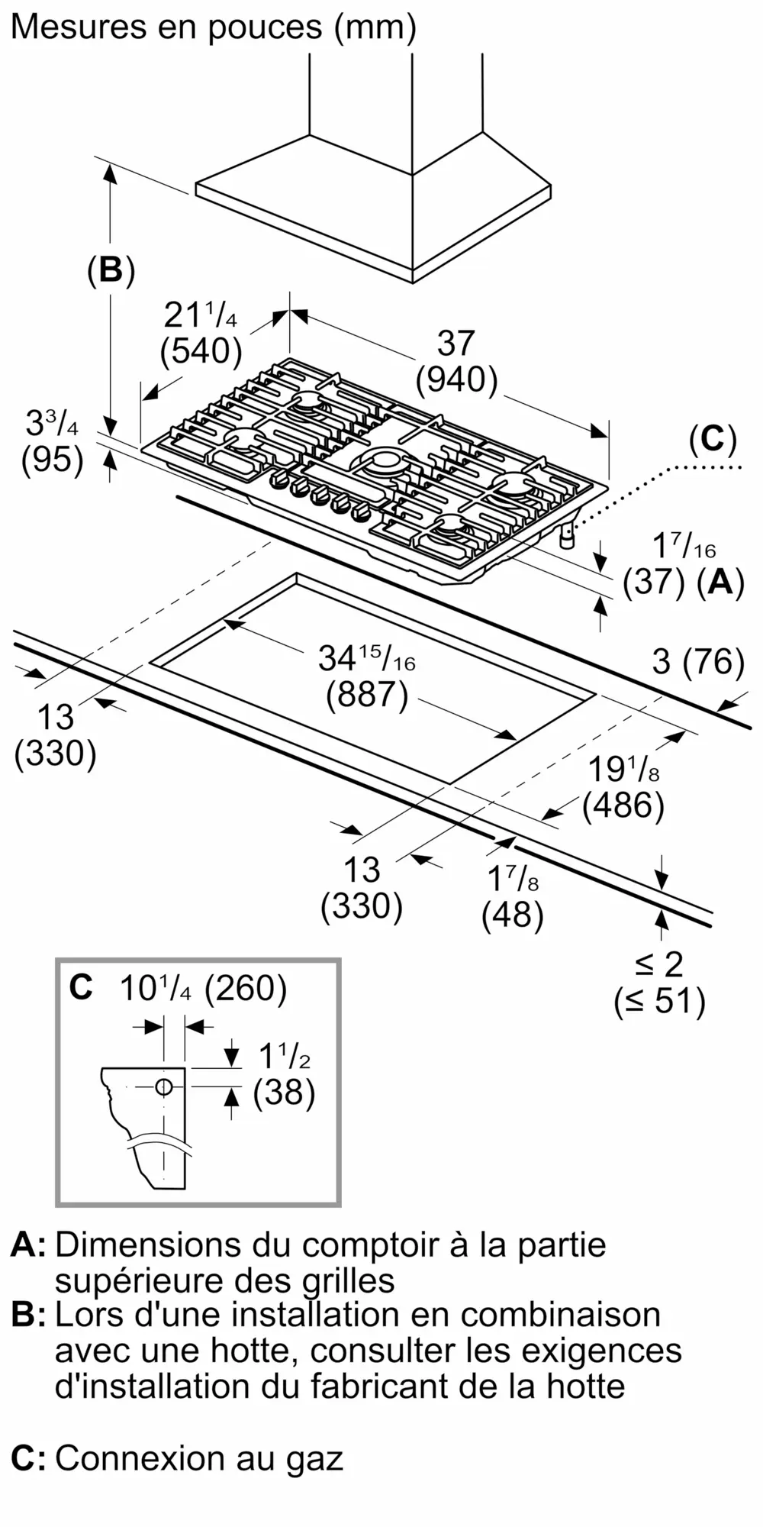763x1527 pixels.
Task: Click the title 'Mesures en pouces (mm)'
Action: point(214,27)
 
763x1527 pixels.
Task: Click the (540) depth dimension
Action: point(201,351)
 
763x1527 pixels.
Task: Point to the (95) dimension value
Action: point(52,460)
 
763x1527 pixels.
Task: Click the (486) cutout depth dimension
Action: point(623,805)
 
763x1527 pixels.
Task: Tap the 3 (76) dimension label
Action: point(698,661)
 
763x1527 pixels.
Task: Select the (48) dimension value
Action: point(512,915)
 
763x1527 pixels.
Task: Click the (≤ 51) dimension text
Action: point(659,1000)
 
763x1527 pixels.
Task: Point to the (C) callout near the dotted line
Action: point(712,440)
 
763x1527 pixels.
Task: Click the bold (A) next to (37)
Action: point(720,583)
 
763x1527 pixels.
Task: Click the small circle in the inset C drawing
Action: point(164,1087)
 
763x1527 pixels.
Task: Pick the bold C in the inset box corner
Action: point(80,987)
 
